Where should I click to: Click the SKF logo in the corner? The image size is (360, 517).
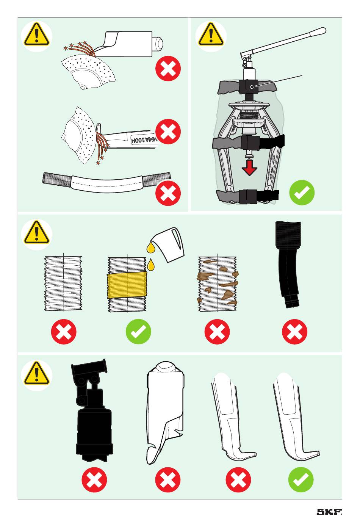pyautogui.click(x=329, y=512)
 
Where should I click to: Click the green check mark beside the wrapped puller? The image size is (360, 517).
pyautogui.click(x=302, y=192)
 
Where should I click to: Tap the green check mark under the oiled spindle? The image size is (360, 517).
pyautogui.click(x=138, y=332)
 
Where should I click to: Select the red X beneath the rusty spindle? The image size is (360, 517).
pyautogui.click(x=217, y=332)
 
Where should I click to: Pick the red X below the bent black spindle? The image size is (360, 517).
pyautogui.click(x=294, y=332)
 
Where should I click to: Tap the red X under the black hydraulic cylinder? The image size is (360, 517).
pyautogui.click(x=94, y=480)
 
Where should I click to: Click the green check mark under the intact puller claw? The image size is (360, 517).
pyautogui.click(x=301, y=480)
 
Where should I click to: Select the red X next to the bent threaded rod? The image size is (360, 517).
pyautogui.click(x=168, y=193)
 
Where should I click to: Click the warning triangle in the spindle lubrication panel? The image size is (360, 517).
pyautogui.click(x=36, y=233)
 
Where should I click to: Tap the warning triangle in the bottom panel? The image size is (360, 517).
pyautogui.click(x=36, y=373)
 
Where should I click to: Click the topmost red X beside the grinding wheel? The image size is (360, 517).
pyautogui.click(x=168, y=69)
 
